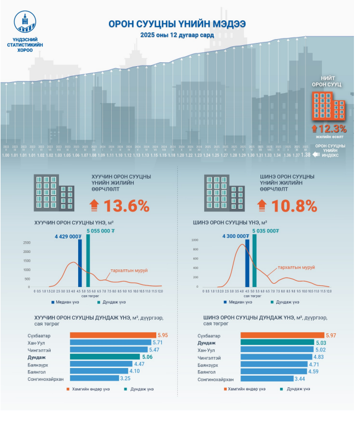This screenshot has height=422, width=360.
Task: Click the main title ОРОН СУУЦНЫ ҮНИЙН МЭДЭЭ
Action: pyautogui.click(x=177, y=24)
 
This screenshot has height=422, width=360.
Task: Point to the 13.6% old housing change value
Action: pyautogui.click(x=127, y=206)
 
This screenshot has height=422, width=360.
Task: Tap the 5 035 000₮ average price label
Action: pyautogui.click(x=268, y=231)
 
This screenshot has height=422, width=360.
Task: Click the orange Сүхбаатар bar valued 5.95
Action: pyautogui.click(x=113, y=335)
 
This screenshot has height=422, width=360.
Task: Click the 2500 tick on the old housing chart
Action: pyautogui.click(x=27, y=242)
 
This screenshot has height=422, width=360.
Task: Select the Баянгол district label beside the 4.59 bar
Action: pyautogui.click(x=206, y=372)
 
